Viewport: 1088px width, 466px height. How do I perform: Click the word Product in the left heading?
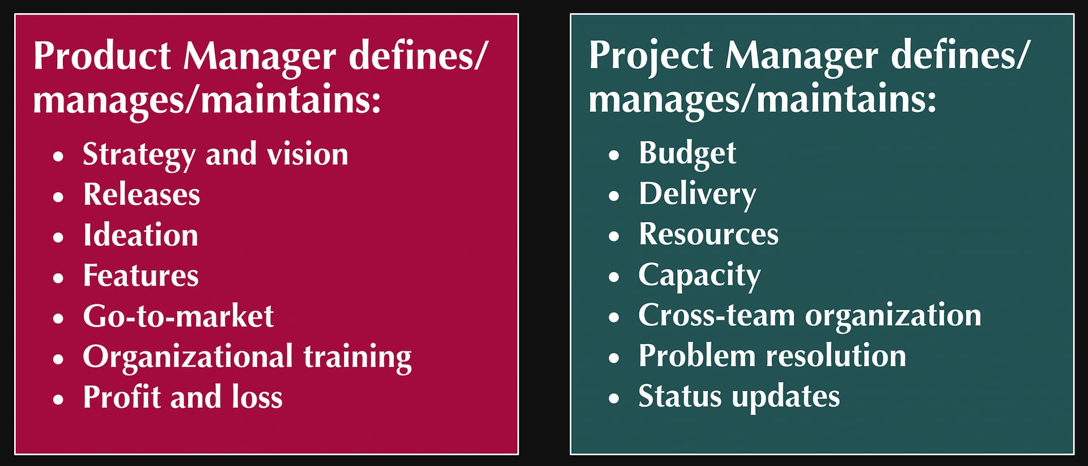pyautogui.click(x=102, y=56)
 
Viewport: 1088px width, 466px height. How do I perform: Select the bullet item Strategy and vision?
pyautogui.click(x=215, y=155)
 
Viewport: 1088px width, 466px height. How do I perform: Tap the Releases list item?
pyautogui.click(x=142, y=194)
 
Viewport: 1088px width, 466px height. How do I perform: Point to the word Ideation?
pyautogui.click(x=141, y=235)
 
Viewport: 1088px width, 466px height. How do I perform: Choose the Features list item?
pyautogui.click(x=141, y=276)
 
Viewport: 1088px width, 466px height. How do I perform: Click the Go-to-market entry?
pyautogui.click(x=178, y=316)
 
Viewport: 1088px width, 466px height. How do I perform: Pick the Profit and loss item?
pyautogui.click(x=182, y=397)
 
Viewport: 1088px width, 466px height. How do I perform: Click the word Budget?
pyautogui.click(x=687, y=154)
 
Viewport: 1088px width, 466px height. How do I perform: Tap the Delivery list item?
pyautogui.click(x=698, y=195)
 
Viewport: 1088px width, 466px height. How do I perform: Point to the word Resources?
pyautogui.click(x=709, y=234)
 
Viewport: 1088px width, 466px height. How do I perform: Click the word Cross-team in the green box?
pyautogui.click(x=717, y=315)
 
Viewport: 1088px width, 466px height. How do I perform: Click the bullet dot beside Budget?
pyautogui.click(x=614, y=155)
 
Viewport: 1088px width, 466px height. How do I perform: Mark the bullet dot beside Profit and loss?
pyautogui.click(x=58, y=399)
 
